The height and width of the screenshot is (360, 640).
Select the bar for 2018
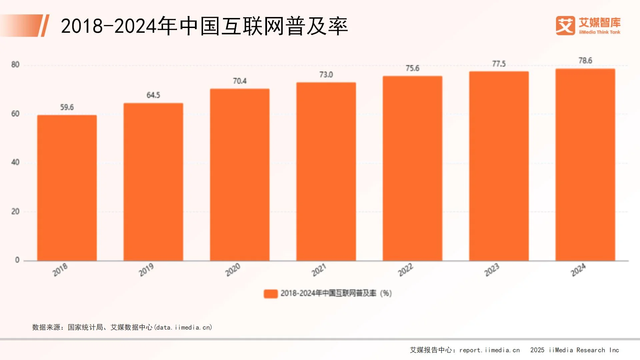click(x=67, y=188)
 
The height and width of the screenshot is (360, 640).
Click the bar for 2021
click(x=326, y=171)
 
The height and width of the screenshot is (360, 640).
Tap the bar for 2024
click(x=585, y=165)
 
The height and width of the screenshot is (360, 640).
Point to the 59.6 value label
click(x=67, y=107)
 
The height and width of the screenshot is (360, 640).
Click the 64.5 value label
click(x=153, y=95)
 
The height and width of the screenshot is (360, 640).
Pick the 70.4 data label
click(x=240, y=81)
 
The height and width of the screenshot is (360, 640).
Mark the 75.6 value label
click(x=412, y=68)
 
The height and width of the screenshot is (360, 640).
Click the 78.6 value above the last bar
click(x=585, y=61)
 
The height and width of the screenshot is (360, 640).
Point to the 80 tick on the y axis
click(x=15, y=65)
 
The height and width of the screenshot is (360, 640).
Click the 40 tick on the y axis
click(x=15, y=162)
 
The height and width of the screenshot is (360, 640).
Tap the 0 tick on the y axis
click(x=17, y=260)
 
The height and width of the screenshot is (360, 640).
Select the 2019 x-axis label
click(x=146, y=270)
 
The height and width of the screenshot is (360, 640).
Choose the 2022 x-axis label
click(x=405, y=270)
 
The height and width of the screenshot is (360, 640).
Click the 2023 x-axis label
click(x=492, y=270)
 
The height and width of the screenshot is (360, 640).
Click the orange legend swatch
click(x=271, y=294)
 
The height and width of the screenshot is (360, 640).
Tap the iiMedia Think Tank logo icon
click(x=565, y=26)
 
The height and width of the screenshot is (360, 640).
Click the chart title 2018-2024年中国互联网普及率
click(x=204, y=26)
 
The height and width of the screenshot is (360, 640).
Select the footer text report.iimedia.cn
click(x=489, y=350)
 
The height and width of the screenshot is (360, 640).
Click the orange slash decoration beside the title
click(x=44, y=26)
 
